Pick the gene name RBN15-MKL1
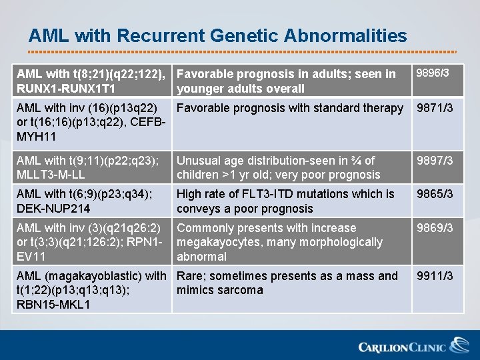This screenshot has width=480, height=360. pyautogui.click(x=48, y=305)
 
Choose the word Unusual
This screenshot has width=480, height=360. pyautogui.click(x=199, y=161)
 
